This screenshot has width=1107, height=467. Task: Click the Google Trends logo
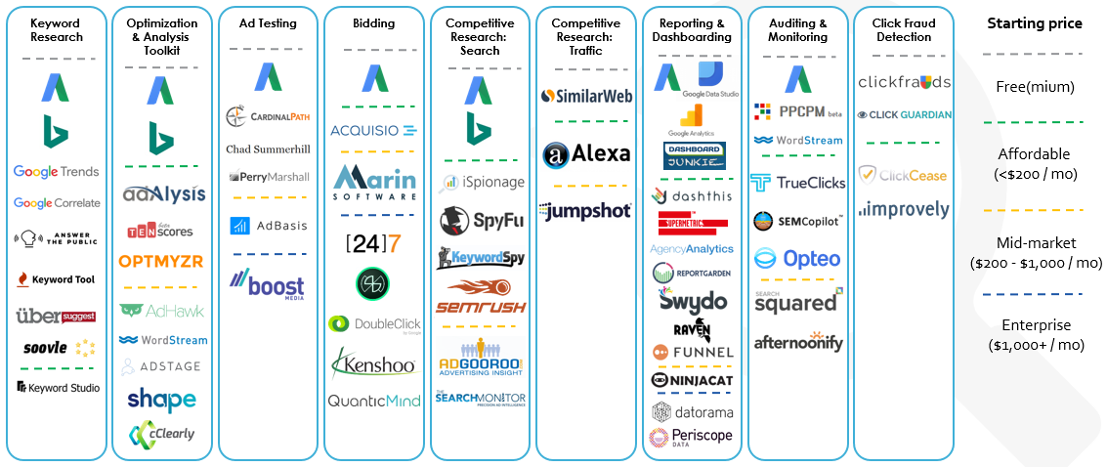[x=56, y=172]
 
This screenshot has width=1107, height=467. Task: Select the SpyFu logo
[x=481, y=219]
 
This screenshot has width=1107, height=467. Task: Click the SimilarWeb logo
[x=586, y=96]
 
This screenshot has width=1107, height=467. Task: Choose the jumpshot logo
[x=586, y=210]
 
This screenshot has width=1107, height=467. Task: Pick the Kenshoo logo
[x=374, y=364]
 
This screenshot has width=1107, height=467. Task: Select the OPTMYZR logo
[x=162, y=261]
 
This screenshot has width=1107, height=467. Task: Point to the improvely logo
[x=903, y=209]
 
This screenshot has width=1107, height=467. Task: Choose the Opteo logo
[x=797, y=259]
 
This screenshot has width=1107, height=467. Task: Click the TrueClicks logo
[x=797, y=183]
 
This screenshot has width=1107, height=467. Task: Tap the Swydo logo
[x=692, y=300]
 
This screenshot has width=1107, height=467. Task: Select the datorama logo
[x=692, y=411]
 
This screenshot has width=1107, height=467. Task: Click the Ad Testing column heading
[x=268, y=23]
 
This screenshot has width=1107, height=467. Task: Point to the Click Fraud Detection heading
[x=903, y=30]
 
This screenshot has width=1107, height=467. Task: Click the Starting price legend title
[x=1035, y=23]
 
